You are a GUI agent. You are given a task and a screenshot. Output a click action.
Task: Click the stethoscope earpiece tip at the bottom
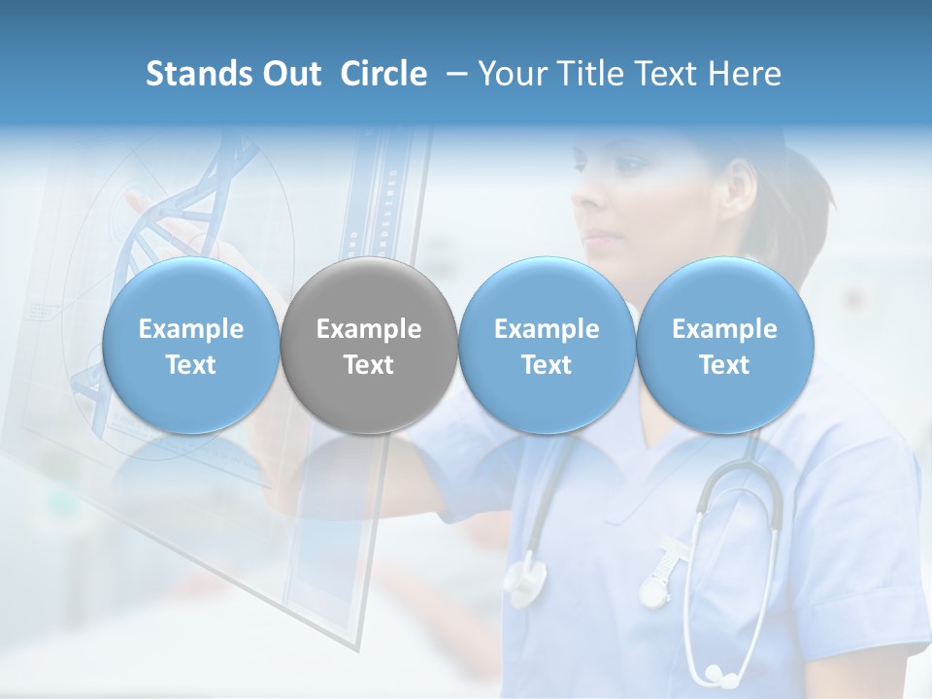716,672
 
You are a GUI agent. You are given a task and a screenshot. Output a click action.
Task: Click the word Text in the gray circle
369,365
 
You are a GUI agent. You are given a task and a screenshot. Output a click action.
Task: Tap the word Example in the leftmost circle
190,329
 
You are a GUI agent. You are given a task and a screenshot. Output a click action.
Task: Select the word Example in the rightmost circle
724,329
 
